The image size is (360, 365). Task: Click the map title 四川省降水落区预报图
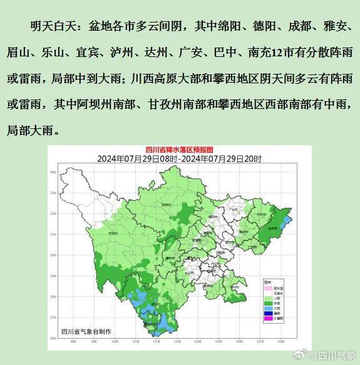pos(180,150)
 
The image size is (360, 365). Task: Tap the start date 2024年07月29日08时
pos(135,159)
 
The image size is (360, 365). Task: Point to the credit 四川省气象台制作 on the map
pos(86,331)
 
